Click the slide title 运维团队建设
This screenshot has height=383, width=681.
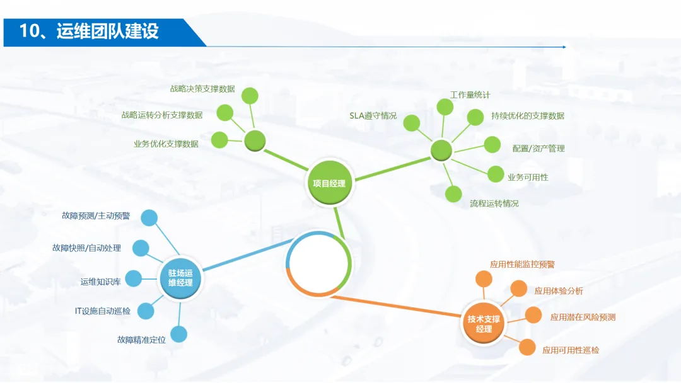89,31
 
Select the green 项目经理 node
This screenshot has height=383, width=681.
329,183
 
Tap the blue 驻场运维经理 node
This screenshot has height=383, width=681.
180,278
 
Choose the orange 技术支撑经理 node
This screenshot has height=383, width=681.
484,324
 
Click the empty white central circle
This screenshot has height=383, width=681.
318,263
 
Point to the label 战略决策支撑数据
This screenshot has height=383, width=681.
202,89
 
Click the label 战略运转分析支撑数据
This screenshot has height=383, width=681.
162,115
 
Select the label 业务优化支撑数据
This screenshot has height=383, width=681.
166,144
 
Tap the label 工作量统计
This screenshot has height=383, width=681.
470,95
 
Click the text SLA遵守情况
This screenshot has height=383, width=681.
373,115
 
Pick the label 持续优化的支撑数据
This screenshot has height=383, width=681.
528,116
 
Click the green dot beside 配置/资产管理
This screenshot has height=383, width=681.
492,144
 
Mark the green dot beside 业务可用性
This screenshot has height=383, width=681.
496,174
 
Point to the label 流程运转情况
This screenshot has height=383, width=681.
494,203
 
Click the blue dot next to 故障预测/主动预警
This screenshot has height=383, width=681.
149,218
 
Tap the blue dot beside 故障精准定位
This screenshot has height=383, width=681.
179,334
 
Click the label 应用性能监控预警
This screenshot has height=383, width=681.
522,265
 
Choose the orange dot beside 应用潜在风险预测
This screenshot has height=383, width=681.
533,315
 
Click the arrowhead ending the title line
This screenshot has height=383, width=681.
564,47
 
